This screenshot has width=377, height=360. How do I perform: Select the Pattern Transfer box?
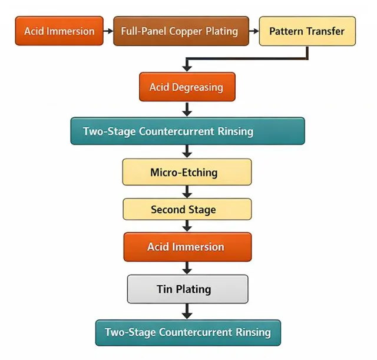tap(307, 31)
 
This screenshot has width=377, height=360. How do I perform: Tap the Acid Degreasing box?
tap(187, 87)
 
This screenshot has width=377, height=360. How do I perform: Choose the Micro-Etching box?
tap(187, 173)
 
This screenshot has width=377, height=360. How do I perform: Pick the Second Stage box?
tap(187, 210)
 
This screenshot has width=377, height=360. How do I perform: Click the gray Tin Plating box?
tap(187, 289)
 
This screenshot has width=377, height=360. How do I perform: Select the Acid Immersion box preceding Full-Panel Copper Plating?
tap(59, 31)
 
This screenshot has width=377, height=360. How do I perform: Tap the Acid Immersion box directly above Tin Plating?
tap(187, 247)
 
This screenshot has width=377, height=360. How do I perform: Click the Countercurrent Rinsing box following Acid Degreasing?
tap(187, 131)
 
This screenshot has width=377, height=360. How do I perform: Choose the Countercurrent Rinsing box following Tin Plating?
tap(187, 332)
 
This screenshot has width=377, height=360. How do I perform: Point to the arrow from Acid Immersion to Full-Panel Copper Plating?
tap(108, 31)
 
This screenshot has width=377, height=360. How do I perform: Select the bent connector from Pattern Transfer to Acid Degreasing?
tap(247, 59)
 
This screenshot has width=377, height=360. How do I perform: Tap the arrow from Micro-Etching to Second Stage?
tap(187, 191)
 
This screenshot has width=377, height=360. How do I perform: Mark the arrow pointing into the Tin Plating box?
tap(187, 268)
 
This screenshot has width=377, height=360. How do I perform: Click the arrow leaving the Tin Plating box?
tap(187, 311)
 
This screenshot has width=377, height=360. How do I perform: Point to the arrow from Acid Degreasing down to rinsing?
tap(187, 109)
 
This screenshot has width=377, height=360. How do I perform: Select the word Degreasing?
tap(197, 87)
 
